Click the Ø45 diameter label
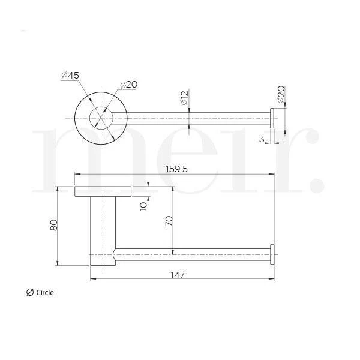pos(70,76)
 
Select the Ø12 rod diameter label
pos(184,98)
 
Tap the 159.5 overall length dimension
pos(177,169)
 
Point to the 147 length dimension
pos(178,275)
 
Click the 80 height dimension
pos(54,225)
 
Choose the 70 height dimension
pos(169,221)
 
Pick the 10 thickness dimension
pos(143,206)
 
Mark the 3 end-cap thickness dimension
pos(262,139)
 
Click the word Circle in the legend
pos(45,293)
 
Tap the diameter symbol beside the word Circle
pos(30,293)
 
